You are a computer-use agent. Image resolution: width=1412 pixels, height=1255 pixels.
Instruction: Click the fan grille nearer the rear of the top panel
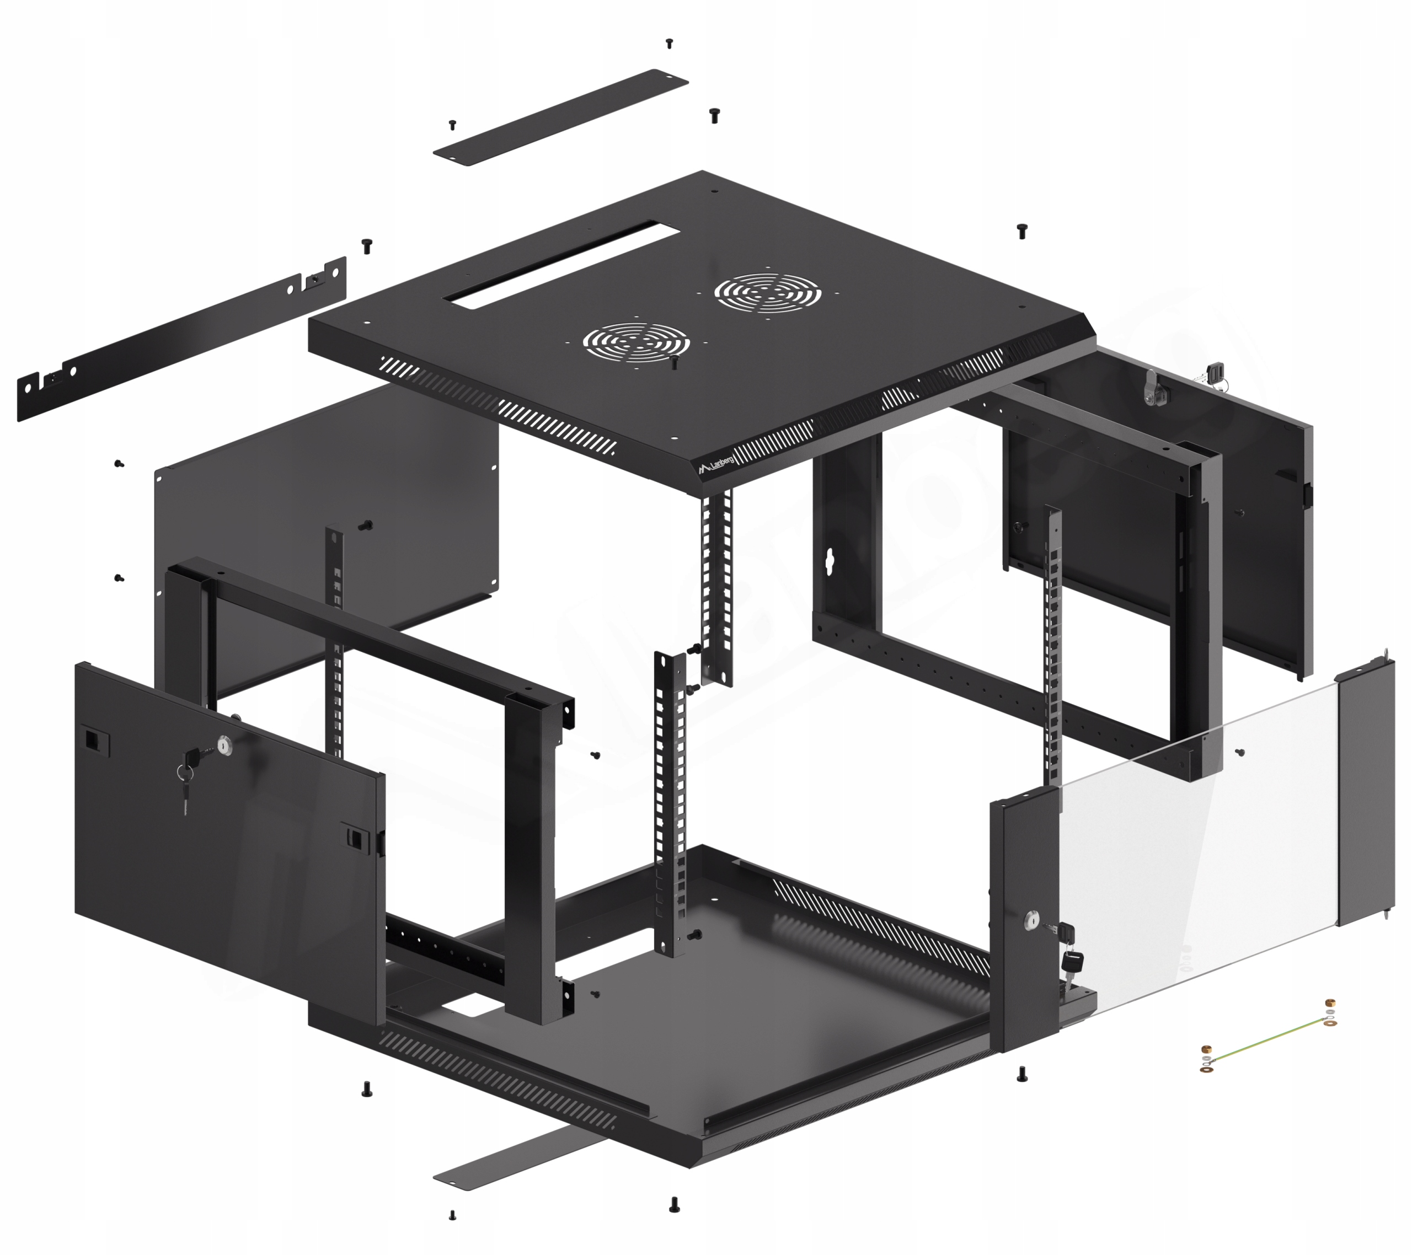coord(767,293)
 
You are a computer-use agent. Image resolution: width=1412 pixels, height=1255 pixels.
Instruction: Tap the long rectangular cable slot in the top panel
coord(559,261)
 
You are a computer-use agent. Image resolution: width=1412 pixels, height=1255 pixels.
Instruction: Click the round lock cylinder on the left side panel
coord(224,744)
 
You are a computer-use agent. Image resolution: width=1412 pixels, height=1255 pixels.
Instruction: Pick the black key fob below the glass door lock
coord(1073,961)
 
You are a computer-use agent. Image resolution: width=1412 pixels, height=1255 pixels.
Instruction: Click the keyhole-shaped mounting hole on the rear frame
coord(830,561)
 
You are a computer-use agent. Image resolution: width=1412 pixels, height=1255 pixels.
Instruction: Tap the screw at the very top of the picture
coord(668,44)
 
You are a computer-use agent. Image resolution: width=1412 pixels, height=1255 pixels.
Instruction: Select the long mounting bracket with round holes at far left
coord(181,339)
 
